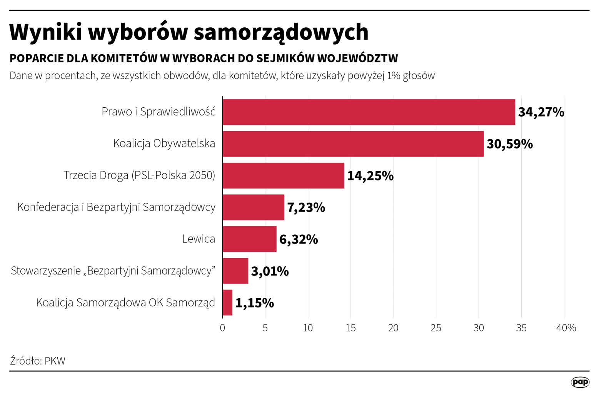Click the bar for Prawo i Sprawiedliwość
(x=369, y=112)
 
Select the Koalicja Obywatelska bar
(x=353, y=144)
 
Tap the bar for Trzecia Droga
(x=283, y=175)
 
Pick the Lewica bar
(x=249, y=239)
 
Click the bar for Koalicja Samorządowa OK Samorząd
(x=227, y=302)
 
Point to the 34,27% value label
(x=541, y=112)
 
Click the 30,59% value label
(x=509, y=144)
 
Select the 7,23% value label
(x=306, y=207)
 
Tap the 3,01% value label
(x=270, y=271)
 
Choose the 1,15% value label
(x=254, y=303)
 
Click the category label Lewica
(x=199, y=239)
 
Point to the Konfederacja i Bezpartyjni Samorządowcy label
(x=116, y=207)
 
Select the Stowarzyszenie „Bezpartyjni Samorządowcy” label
(x=113, y=271)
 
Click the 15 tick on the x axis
(x=350, y=328)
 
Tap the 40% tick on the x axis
(x=566, y=328)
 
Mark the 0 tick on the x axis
(x=222, y=328)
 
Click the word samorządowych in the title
(x=281, y=32)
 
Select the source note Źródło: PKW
(x=38, y=361)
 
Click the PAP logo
(x=580, y=382)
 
